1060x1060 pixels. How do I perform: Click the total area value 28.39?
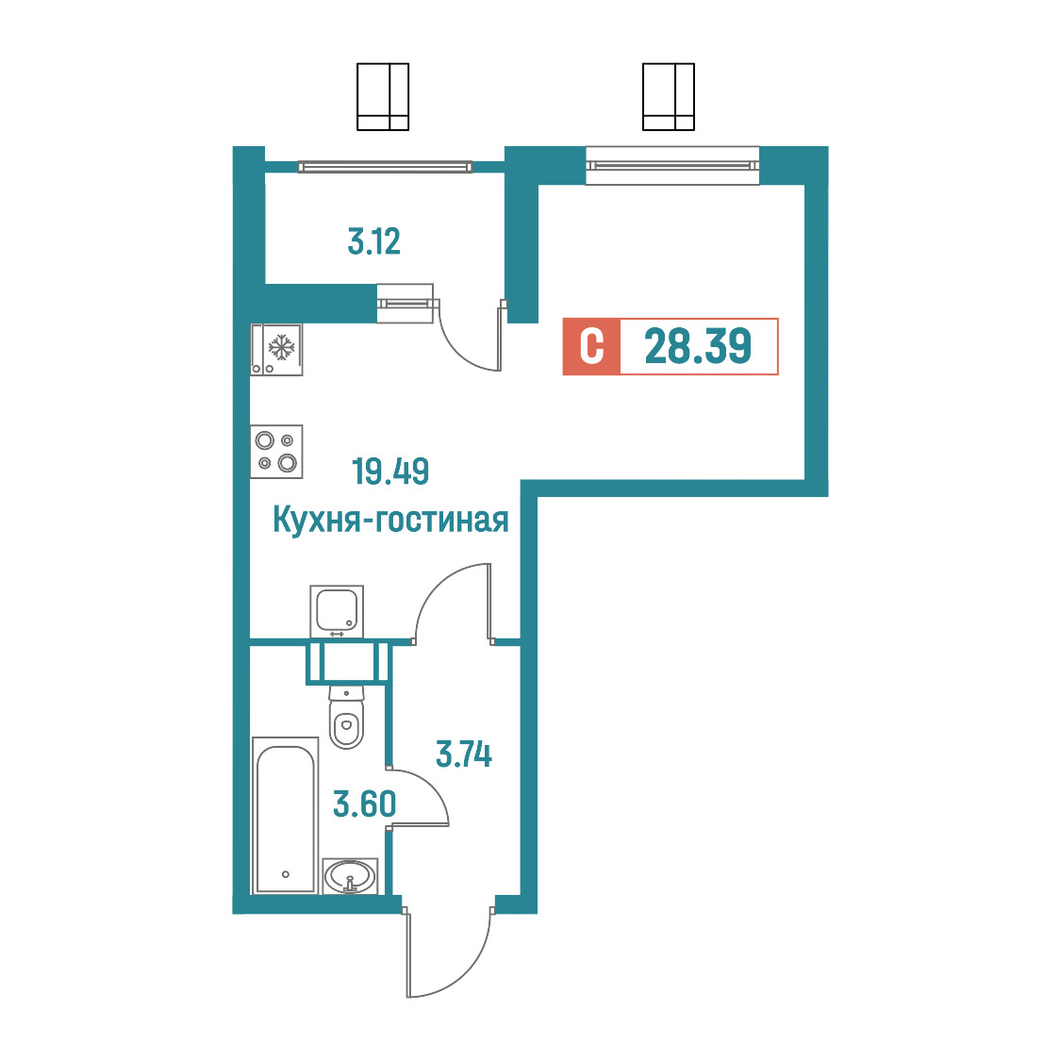point(698,346)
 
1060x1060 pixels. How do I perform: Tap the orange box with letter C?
point(591,346)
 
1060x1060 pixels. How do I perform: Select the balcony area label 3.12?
point(373,241)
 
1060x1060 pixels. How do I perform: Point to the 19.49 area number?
point(390,472)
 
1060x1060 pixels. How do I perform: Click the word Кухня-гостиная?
point(390,521)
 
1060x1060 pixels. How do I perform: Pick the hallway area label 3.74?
point(464,754)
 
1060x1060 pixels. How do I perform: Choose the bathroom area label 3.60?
point(364,804)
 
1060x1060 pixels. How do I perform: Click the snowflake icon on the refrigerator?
point(282,347)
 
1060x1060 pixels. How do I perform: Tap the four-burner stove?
point(276,452)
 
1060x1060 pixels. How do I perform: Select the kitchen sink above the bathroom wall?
point(337,611)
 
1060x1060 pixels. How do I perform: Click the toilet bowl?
point(347,717)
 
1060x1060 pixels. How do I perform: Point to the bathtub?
point(286,816)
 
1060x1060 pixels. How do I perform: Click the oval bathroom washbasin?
point(350,876)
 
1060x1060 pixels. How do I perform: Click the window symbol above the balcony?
point(383,97)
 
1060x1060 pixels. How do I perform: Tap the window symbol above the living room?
point(669,97)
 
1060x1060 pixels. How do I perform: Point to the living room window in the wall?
point(672,166)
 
